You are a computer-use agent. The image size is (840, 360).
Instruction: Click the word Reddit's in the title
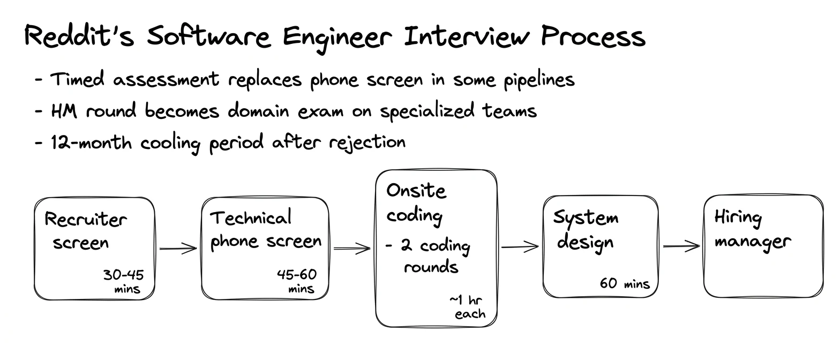pyautogui.click(x=79, y=36)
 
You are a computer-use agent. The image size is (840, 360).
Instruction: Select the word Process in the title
pyautogui.click(x=593, y=36)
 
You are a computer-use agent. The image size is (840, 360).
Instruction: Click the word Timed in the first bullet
pyautogui.click(x=77, y=79)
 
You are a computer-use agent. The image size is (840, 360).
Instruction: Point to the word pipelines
pyautogui.click(x=539, y=80)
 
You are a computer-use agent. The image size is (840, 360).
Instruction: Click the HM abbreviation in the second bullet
pyautogui.click(x=64, y=111)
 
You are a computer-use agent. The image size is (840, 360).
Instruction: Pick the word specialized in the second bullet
pyautogui.click(x=427, y=111)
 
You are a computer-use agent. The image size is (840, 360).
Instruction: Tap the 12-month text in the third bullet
pyautogui.click(x=91, y=143)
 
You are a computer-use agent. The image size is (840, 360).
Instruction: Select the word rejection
pyautogui.click(x=367, y=143)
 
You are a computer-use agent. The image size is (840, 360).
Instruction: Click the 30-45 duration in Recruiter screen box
pyautogui.click(x=123, y=275)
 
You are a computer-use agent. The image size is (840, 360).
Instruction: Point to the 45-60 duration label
pyautogui.click(x=297, y=274)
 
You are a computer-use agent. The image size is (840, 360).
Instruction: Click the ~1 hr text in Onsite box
pyautogui.click(x=466, y=300)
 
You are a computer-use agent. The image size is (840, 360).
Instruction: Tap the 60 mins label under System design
pyautogui.click(x=625, y=283)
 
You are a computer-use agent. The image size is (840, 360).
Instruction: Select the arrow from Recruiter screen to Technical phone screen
pyautogui.click(x=178, y=248)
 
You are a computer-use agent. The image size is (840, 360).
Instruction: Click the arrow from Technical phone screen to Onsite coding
pyautogui.click(x=352, y=248)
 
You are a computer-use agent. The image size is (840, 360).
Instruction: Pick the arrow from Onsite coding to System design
pyautogui.click(x=520, y=247)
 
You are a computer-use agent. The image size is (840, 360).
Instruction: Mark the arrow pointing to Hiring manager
pyautogui.click(x=681, y=246)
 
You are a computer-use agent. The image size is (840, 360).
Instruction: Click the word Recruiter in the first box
pyautogui.click(x=86, y=219)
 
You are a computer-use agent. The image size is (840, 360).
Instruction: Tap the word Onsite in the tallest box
pyautogui.click(x=416, y=191)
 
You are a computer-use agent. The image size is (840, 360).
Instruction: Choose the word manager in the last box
pyautogui.click(x=753, y=242)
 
